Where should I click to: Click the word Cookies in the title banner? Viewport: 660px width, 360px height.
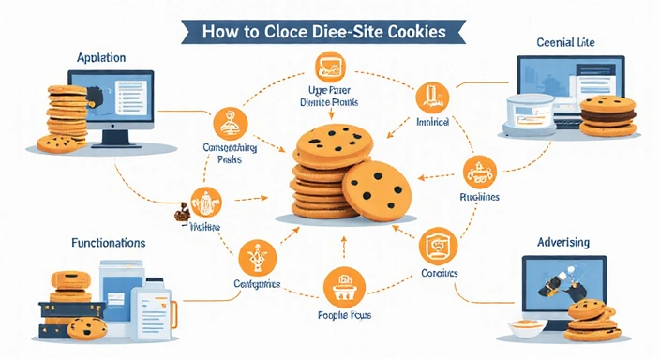click(x=414, y=31)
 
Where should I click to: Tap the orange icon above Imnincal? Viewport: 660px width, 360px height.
click(x=434, y=97)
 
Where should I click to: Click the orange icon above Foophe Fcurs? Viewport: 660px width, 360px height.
click(x=341, y=284)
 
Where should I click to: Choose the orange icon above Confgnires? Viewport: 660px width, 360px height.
click(x=256, y=255)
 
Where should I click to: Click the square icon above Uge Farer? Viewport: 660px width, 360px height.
click(x=330, y=67)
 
